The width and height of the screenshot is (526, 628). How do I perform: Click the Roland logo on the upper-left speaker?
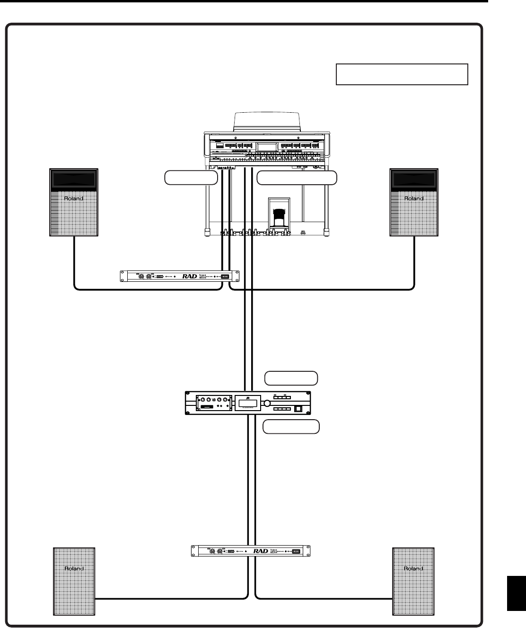click(x=74, y=198)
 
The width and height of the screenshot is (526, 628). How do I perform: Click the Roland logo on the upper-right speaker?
click(x=413, y=198)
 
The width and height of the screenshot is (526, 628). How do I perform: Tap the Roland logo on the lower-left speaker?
click(x=74, y=568)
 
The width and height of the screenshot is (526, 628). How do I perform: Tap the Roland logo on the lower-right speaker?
click(x=413, y=568)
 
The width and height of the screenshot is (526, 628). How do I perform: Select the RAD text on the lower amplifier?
click(x=260, y=551)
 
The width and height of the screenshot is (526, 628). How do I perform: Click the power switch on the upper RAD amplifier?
click(x=226, y=277)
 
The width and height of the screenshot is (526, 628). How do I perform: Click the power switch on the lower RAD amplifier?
click(x=297, y=551)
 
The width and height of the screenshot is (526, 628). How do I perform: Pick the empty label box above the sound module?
click(x=291, y=378)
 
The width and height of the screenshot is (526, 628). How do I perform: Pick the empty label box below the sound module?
click(x=291, y=427)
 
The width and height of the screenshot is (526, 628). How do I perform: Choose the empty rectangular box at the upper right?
click(x=402, y=74)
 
